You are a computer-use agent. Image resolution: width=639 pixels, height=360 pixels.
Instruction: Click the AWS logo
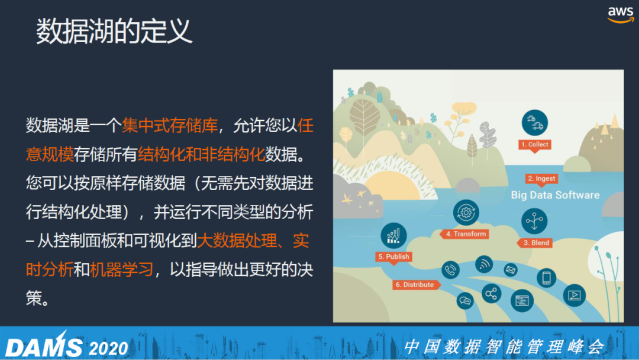(x=621, y=15)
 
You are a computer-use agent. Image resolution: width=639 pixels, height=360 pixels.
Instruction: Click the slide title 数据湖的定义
(x=114, y=31)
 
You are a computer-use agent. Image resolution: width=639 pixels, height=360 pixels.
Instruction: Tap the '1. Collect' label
(x=535, y=144)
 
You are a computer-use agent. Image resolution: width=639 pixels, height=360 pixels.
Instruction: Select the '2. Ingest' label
(x=541, y=179)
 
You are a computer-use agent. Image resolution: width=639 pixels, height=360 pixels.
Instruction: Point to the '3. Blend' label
(x=535, y=243)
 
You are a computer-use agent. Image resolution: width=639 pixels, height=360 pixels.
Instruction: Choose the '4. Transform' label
(x=465, y=234)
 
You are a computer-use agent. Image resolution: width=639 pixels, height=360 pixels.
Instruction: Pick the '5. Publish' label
(x=393, y=256)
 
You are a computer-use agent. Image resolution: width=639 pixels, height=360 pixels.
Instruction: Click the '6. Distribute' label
(x=416, y=285)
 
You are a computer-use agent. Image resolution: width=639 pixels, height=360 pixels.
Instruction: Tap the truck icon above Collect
(x=535, y=123)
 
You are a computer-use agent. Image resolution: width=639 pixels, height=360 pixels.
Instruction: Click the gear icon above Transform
(x=466, y=213)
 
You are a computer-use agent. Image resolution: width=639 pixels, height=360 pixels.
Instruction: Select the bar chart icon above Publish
(x=393, y=235)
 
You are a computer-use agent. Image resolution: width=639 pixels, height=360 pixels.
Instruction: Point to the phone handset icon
(x=450, y=270)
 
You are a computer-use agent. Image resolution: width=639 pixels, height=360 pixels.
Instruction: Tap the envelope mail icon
(x=511, y=269)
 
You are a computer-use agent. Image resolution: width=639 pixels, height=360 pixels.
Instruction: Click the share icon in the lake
(x=492, y=294)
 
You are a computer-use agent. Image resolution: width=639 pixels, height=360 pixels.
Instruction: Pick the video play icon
(x=574, y=295)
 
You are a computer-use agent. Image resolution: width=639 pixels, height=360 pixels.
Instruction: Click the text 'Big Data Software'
(x=555, y=195)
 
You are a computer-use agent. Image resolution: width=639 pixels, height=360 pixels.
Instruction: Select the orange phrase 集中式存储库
(x=170, y=125)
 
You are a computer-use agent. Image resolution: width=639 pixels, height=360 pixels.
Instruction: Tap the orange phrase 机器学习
(x=121, y=269)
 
